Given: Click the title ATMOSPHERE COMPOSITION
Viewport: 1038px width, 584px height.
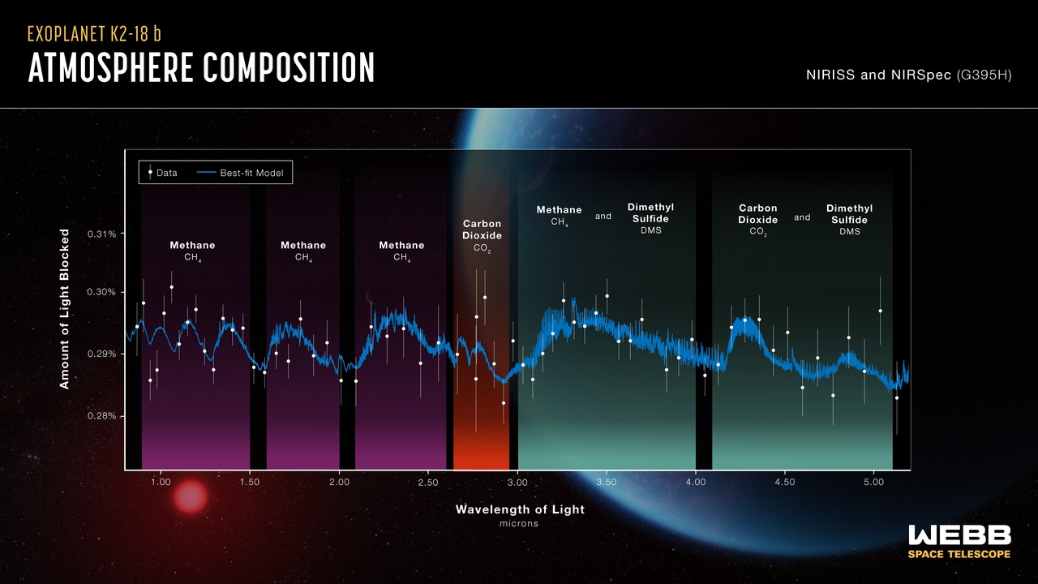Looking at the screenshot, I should [201, 68].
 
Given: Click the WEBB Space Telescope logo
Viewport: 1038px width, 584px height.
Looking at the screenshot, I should [959, 541].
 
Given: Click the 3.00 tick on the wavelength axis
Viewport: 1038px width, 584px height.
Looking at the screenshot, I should [517, 483].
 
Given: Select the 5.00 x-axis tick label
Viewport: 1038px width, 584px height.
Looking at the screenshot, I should [873, 483].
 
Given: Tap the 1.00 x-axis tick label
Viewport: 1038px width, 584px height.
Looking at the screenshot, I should [161, 483].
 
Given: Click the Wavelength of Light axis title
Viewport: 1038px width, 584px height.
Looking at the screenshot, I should [520, 509].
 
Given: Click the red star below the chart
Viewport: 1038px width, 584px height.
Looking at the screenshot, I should [191, 496].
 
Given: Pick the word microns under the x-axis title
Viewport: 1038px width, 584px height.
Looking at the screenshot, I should [519, 524].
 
